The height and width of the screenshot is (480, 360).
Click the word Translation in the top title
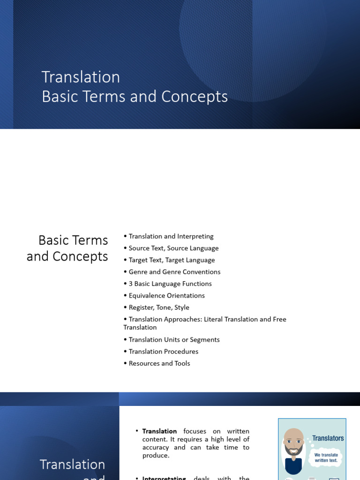coord(81,77)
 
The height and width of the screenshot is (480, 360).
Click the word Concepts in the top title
coord(195,97)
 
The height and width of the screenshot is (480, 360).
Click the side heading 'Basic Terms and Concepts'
coord(67,248)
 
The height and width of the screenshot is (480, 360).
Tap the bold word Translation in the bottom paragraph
coord(159,431)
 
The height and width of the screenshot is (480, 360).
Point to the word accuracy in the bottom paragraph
coord(156,447)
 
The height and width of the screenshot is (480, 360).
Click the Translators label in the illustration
coord(328,438)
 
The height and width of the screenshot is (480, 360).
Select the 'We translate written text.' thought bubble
coord(326,457)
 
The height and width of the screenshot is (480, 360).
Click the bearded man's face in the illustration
coord(294,442)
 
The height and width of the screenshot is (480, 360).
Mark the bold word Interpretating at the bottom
coord(164,478)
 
